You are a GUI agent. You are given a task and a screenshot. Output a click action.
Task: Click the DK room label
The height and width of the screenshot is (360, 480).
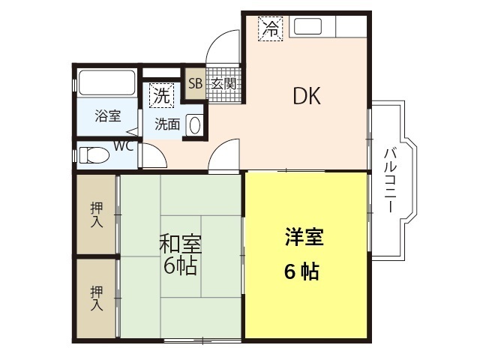(307, 96)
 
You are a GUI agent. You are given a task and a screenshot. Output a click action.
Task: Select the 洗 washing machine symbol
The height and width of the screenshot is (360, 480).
(161, 95)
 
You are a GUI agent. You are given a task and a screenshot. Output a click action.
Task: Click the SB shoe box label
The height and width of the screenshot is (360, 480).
(194, 83)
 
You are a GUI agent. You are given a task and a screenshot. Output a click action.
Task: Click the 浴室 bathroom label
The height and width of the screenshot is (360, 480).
(108, 116)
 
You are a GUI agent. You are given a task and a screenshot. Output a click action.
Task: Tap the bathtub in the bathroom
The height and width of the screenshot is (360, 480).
(106, 82)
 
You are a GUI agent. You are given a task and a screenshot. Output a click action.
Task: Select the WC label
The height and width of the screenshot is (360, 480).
(124, 145)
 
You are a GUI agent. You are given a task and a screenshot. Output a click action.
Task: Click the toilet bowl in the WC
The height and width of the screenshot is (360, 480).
(94, 156)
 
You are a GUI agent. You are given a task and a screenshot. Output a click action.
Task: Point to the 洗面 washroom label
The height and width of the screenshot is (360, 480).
(166, 124)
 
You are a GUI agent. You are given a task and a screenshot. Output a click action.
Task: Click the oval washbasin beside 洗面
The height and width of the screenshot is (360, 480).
(194, 124)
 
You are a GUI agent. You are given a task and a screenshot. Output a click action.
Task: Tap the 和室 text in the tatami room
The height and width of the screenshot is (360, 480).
(180, 244)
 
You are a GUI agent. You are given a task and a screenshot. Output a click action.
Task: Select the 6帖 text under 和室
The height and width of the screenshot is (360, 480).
(180, 265)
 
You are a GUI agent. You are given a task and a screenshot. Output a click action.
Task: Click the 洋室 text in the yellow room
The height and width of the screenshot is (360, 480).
(303, 238)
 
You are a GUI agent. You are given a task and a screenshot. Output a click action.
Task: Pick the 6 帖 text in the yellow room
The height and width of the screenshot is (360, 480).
(301, 271)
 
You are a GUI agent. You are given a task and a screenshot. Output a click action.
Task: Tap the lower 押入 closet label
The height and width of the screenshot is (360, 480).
(97, 297)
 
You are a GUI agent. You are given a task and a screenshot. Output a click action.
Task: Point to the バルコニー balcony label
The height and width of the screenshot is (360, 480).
(389, 179)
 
